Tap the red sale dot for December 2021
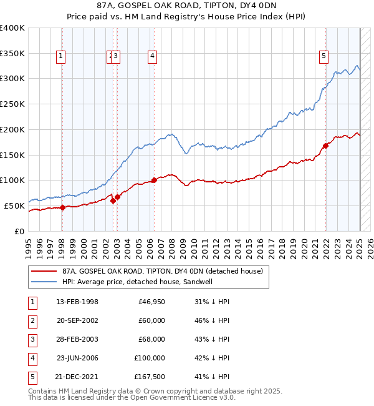325,146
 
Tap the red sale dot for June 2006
154,181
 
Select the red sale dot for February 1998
62,207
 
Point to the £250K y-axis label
12,104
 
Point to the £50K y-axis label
14,205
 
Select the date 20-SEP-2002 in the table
77,320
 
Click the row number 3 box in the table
32,339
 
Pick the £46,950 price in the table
151,302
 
